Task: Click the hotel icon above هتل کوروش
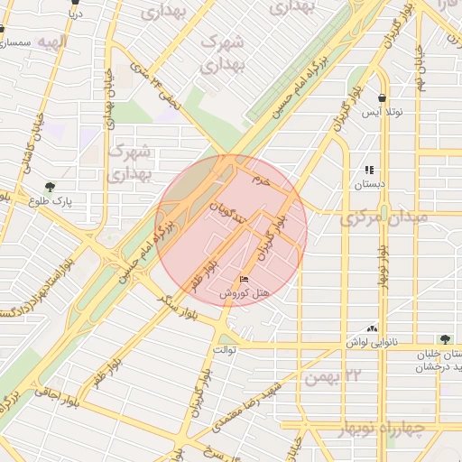[x=244, y=279]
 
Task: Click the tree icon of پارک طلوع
[x=49, y=188]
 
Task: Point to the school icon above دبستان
[x=369, y=169]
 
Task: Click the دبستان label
[x=369, y=183]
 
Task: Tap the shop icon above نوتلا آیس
[x=383, y=97]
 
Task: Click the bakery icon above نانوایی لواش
[x=372, y=329]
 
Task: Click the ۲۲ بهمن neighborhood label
[x=334, y=375]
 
